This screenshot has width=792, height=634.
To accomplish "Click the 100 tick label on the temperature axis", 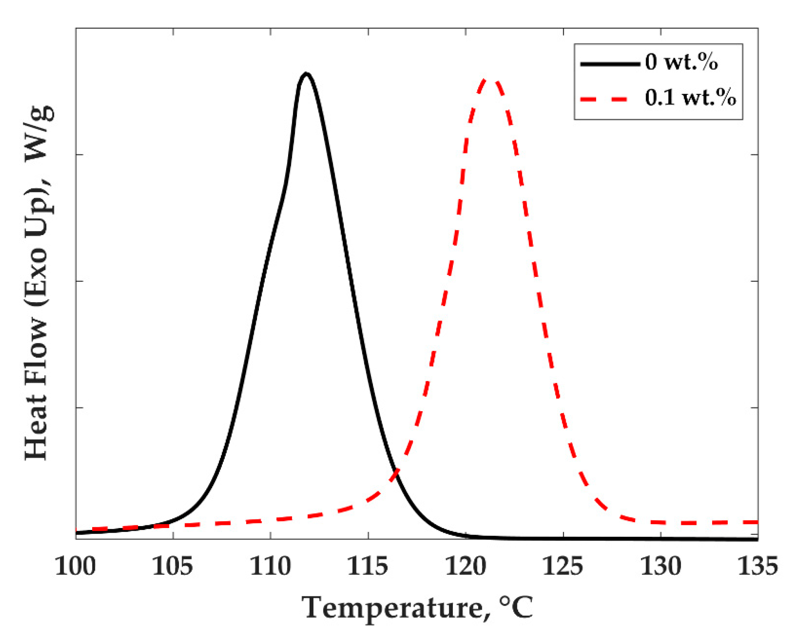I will [x=75, y=567].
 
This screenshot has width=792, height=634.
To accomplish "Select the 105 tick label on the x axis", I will [x=172, y=567].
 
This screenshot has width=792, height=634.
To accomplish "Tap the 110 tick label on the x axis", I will [x=270, y=567].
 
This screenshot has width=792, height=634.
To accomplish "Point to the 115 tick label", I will [x=368, y=567].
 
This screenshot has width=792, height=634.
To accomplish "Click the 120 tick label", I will [x=466, y=567].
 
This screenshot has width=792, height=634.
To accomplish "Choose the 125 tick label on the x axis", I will [x=563, y=567].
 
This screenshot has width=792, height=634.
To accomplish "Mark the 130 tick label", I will [x=661, y=567].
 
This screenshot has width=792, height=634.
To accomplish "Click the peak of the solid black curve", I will [x=306, y=74].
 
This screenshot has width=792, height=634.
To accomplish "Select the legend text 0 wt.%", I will [x=681, y=62].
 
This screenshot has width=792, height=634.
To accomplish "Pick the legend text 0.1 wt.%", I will [x=690, y=98].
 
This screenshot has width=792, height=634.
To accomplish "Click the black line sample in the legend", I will [x=610, y=64].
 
